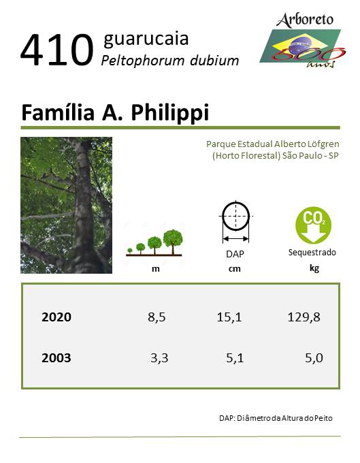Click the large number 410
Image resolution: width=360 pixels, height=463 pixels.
tap(57, 50)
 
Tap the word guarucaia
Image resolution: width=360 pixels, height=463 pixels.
tap(146, 39)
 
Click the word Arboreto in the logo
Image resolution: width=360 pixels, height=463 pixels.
tap(305, 20)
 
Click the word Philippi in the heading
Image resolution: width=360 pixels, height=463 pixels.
tap(170, 113)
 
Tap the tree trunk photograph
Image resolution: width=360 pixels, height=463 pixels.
tap(67, 205)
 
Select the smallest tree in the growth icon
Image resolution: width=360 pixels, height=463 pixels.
tap(130, 251)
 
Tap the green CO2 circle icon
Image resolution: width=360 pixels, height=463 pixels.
tap(313, 225)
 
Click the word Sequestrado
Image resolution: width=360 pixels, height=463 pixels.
tap(312, 253)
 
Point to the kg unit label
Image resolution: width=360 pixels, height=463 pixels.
tap(314, 268)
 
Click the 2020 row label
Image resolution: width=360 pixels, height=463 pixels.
tap(56, 317)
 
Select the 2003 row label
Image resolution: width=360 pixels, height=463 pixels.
tap(56, 358)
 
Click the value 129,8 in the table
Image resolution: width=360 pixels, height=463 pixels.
tap(304, 317)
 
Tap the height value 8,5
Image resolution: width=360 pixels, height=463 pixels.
tap(157, 317)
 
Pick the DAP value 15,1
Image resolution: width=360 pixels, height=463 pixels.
tap(229, 317)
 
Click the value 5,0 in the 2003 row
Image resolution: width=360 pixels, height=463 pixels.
tap(314, 358)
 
